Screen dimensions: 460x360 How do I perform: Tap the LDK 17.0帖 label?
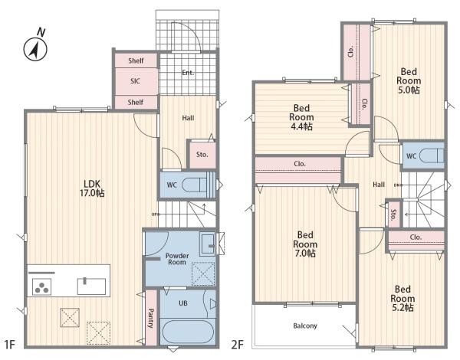coord(92,188)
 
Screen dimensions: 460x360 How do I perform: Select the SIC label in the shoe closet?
coord(135,81)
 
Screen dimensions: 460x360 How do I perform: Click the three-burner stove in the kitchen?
coord(41,286)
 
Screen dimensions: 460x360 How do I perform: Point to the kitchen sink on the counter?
coord(91,286)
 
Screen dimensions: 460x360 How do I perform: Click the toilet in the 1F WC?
coord(195,185)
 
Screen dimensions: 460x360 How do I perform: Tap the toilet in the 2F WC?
coord(432,155)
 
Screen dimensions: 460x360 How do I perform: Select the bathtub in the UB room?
coord(187,332)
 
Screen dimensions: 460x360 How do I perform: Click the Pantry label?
coord(150,318)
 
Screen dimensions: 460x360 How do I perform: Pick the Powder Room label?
coord(177,259)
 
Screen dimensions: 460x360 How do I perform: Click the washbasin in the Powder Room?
coord(208,244)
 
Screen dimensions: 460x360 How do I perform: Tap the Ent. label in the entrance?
coord(188,73)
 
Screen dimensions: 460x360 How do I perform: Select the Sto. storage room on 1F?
coord(202,155)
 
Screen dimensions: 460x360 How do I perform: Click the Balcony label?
coord(305,326)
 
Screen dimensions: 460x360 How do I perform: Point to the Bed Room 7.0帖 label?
coord(305,244)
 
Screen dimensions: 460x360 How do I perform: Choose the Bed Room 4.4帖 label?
coord(301,117)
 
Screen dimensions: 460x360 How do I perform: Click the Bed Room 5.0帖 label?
coord(409,80)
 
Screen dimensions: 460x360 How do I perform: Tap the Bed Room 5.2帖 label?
coord(402,299)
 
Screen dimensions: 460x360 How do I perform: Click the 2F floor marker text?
coord(238,345)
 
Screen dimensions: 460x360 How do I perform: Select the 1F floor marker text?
coord(10,345)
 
